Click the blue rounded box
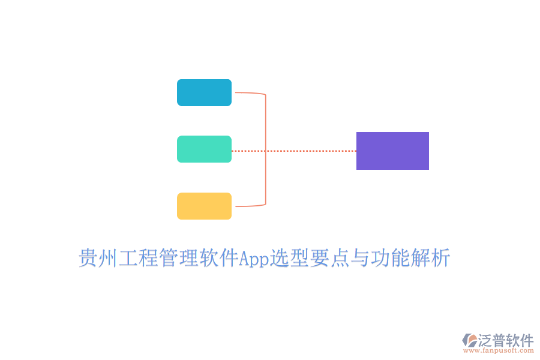click(204, 92)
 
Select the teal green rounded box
click(204, 149)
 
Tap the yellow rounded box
click(204, 206)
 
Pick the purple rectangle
click(392, 151)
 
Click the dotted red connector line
click(294, 151)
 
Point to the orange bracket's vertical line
click(266, 149)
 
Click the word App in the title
click(254, 259)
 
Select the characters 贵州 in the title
click(98, 257)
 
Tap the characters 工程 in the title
click(139, 257)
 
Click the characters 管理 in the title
click(179, 257)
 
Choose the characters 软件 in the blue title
click(219, 257)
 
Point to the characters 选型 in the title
click(289, 257)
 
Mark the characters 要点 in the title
click(329, 257)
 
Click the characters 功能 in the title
click(390, 257)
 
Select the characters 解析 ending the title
click(430, 257)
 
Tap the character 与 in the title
click(360, 257)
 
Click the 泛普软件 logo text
click(506, 340)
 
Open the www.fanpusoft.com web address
click(499, 350)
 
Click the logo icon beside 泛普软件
click(470, 340)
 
